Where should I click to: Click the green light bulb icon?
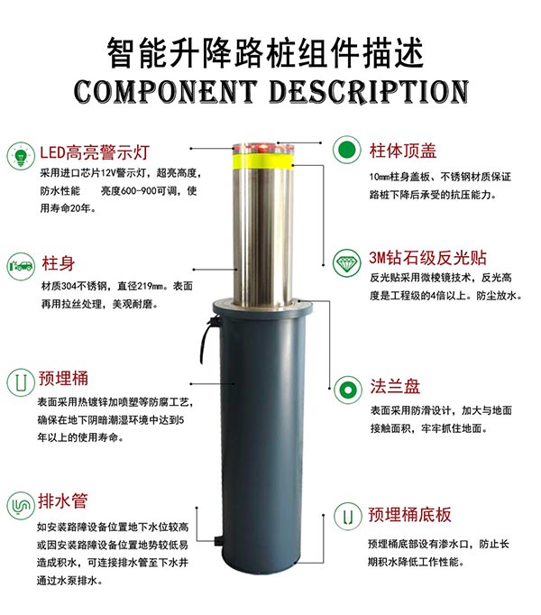21,156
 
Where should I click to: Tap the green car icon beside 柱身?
21,266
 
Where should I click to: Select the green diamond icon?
346,262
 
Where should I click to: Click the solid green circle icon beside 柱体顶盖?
346,150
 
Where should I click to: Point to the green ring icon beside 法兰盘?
347,390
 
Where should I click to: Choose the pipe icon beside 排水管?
21,506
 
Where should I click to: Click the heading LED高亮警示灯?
95,151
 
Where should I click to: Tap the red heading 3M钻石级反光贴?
427,258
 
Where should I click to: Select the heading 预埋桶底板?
409,515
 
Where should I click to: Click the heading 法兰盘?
395,386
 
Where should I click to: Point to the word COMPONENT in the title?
165,92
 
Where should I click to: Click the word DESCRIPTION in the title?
369,92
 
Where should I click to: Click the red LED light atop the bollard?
263,148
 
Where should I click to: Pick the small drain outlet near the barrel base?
219,541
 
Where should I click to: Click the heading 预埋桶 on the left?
63,378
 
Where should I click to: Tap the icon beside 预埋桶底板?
347,516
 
